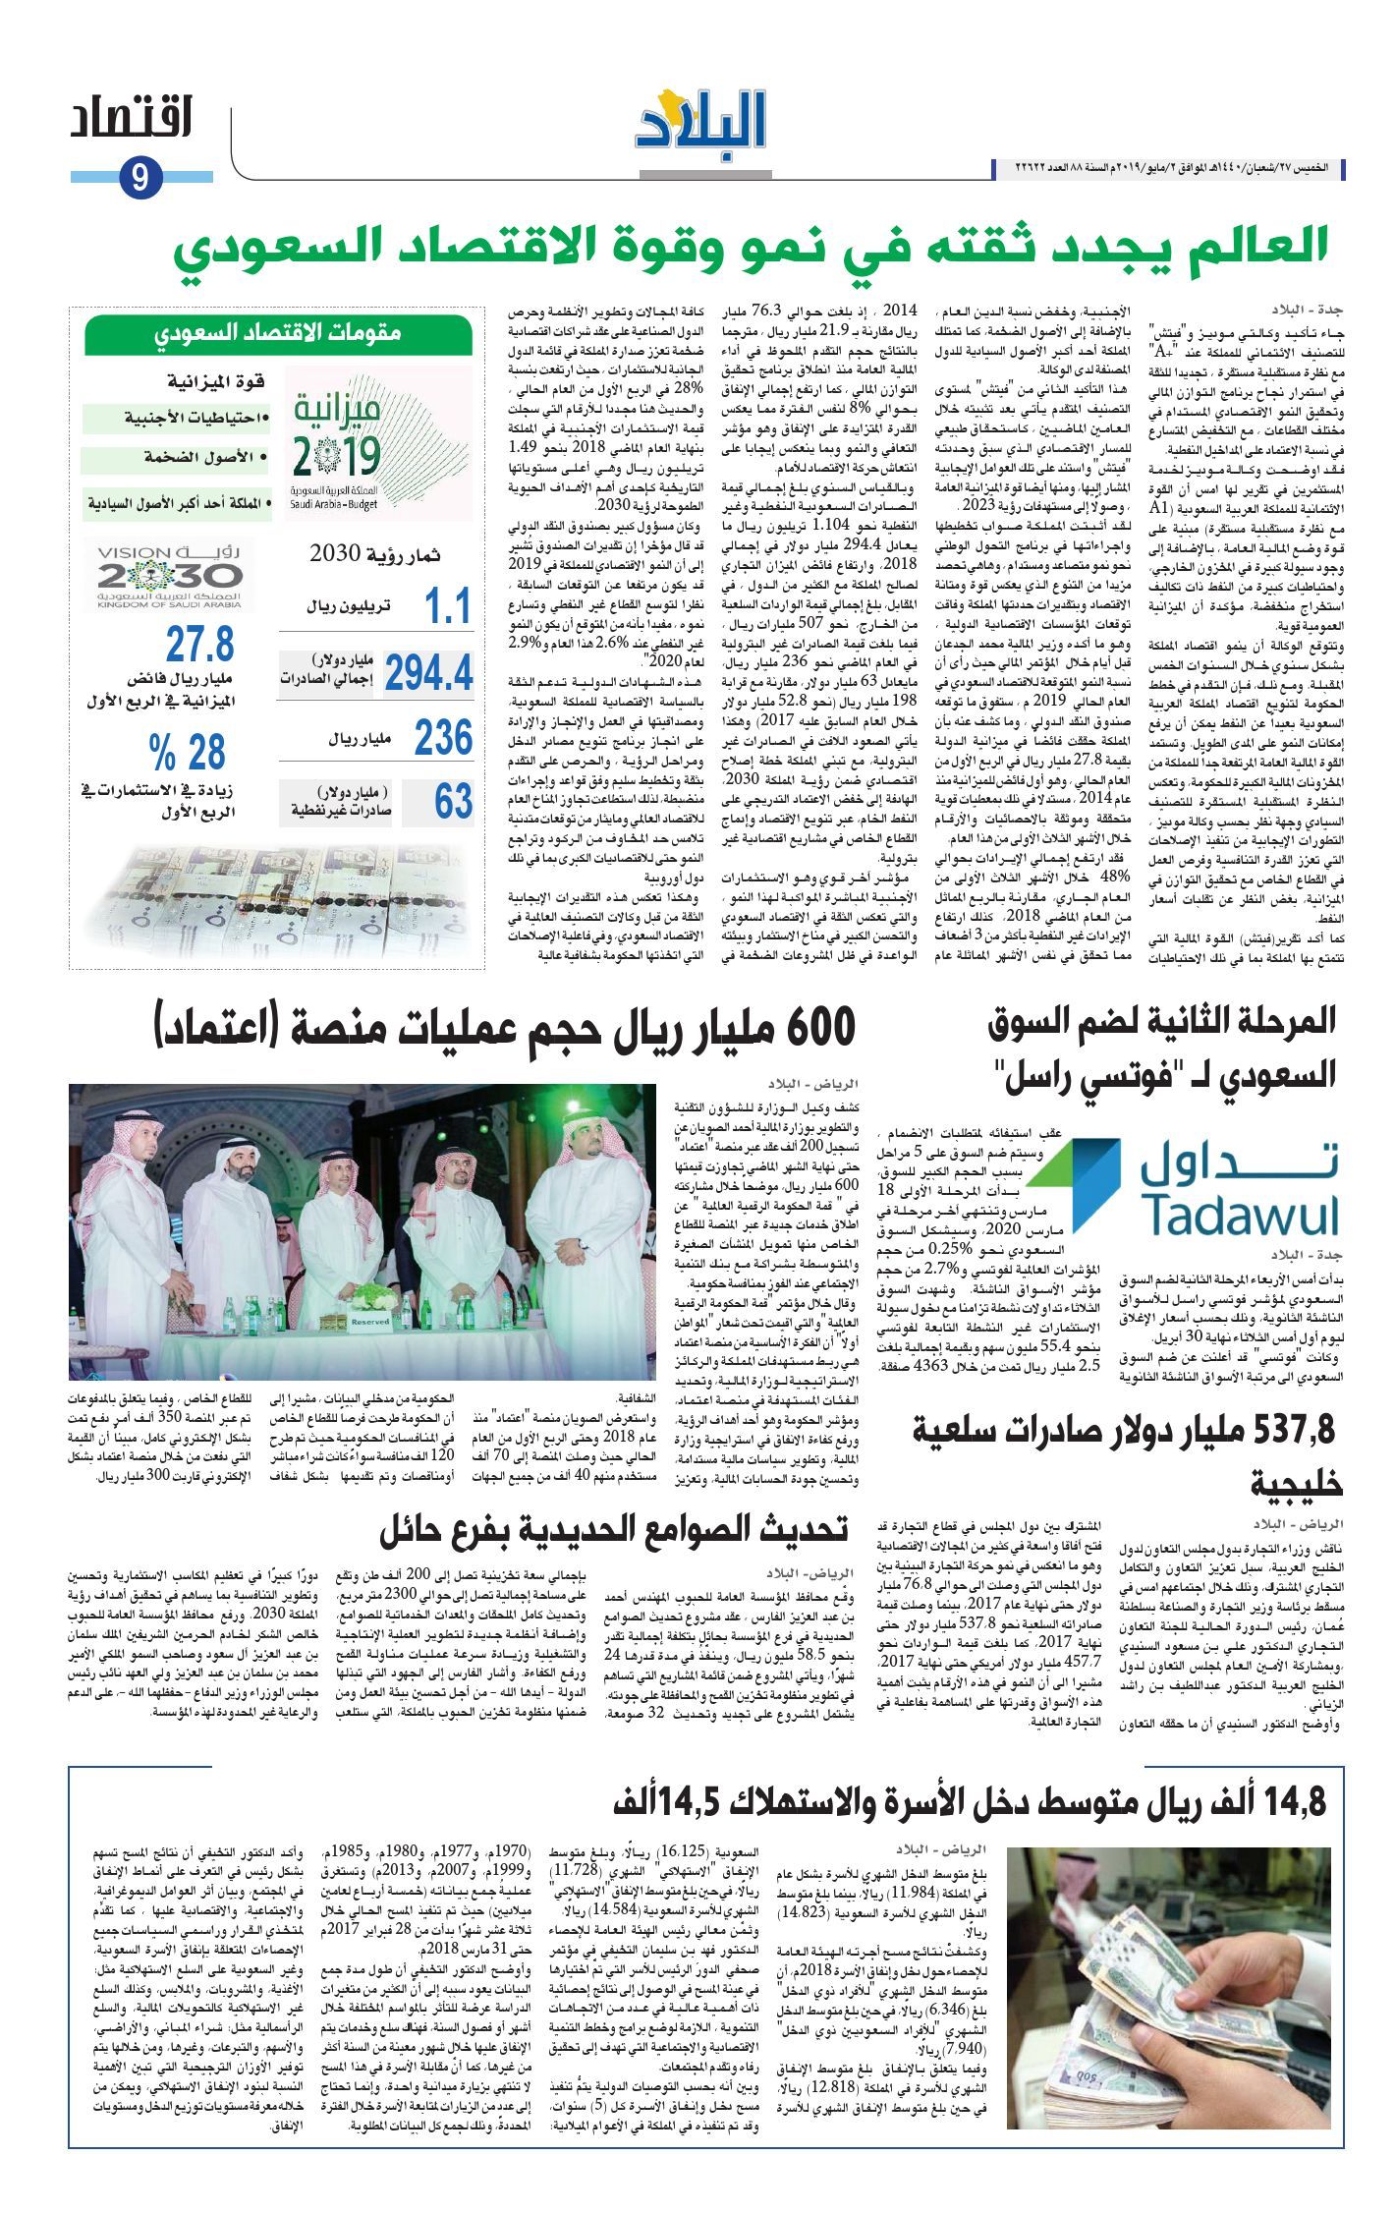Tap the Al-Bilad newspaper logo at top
click(699, 120)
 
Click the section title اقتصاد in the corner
click(131, 119)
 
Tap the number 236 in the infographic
click(443, 738)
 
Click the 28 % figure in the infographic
click(188, 754)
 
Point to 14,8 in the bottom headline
click(1291, 1800)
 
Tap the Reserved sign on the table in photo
click(370, 1322)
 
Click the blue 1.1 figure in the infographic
click(448, 607)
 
